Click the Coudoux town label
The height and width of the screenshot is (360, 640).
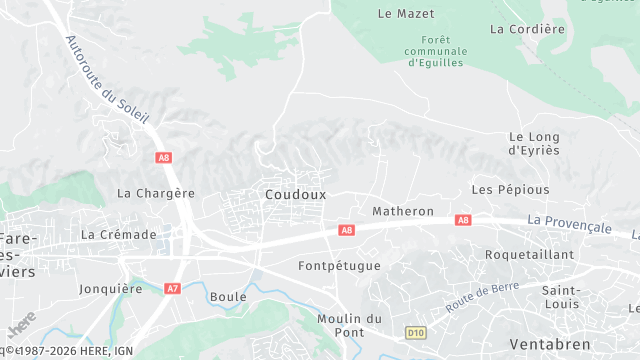point(296,194)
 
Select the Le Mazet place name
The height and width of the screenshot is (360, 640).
point(399,14)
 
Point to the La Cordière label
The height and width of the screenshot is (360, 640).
point(527,29)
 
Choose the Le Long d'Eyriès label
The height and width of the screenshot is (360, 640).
point(533,143)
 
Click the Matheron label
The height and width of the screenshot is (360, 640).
point(403,212)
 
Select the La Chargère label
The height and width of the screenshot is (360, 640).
point(155,193)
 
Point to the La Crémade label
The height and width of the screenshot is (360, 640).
point(119,234)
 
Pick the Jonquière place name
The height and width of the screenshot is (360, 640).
point(110,289)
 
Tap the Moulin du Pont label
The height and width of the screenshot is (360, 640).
point(349,325)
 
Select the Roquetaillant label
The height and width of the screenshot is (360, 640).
point(529,255)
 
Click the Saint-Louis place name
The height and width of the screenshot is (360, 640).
point(560,297)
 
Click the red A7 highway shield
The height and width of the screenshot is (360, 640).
point(173,288)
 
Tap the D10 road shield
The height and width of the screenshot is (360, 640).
point(416,332)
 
